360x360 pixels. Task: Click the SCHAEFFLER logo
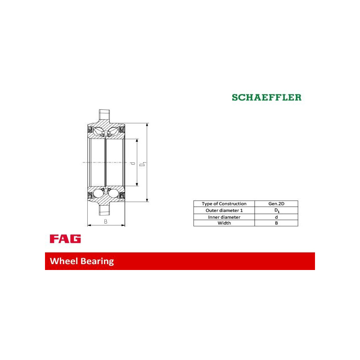tap(266, 97)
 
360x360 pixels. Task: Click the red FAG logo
tap(65, 239)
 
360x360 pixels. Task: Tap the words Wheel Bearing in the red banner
tap(82, 261)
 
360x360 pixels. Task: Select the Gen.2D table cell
tap(276, 204)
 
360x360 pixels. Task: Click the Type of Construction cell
tap(224, 204)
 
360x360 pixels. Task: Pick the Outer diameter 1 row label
tap(224, 211)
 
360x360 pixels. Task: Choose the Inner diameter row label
tap(224, 217)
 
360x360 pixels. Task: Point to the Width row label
tap(224, 223)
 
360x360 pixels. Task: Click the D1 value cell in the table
tap(276, 211)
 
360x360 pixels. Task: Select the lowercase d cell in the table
tap(276, 217)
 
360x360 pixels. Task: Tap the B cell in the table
tap(276, 223)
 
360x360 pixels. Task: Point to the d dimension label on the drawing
tap(132, 163)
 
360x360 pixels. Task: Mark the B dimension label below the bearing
tap(106, 221)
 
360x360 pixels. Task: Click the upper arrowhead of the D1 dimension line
tap(147, 125)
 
